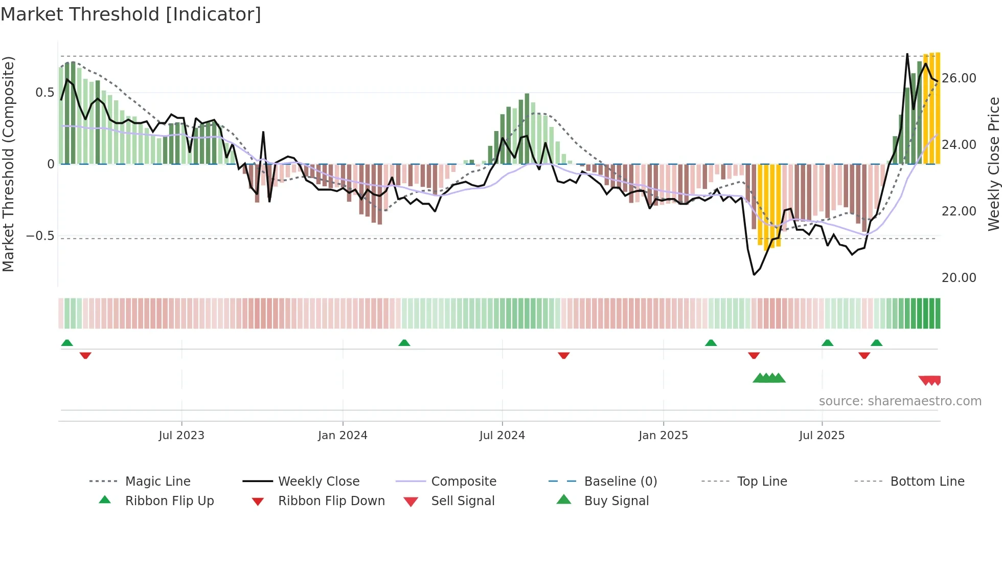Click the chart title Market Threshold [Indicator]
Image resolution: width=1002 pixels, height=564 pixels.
[x=131, y=14]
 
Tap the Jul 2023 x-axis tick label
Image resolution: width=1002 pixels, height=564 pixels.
[x=181, y=436]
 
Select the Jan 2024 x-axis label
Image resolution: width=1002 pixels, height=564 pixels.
[x=343, y=436]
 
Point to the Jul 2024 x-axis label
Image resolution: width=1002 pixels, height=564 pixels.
[x=502, y=436]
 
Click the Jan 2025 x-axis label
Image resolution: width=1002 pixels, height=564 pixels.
[x=663, y=436]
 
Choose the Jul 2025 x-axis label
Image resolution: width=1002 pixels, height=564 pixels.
[x=822, y=436]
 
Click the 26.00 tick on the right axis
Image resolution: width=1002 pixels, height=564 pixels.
[x=959, y=78]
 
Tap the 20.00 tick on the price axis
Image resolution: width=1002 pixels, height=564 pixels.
[x=959, y=278]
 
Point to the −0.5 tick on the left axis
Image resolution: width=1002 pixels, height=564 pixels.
[x=40, y=236]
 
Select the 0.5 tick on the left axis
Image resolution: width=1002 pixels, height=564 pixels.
[x=44, y=93]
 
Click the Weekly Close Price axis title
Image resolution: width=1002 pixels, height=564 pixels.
[x=993, y=164]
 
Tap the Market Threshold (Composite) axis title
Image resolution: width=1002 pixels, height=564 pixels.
[x=8, y=164]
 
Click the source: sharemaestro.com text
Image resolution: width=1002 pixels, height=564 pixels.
[x=900, y=401]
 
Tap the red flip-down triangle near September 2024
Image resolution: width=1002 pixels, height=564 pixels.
[x=563, y=355]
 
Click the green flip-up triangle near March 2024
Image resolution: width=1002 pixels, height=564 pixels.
[x=404, y=343]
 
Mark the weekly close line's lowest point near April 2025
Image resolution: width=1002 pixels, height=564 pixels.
[x=754, y=275]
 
